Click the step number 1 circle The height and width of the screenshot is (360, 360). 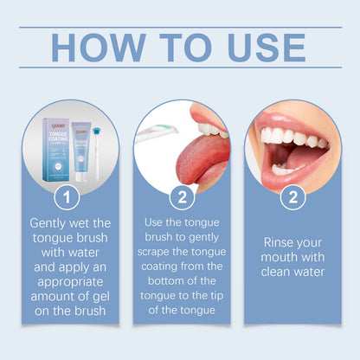67,198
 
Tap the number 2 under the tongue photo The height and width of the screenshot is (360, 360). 182,198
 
